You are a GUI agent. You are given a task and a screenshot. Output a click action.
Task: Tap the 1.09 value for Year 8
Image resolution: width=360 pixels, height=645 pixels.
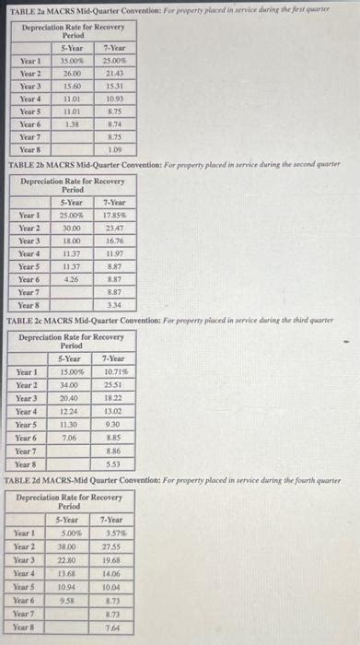tap(115, 148)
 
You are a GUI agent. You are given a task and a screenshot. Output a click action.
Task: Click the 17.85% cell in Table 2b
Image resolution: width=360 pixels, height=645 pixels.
tap(115, 215)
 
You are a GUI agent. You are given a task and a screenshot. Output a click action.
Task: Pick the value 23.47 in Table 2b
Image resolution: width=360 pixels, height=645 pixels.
tap(115, 227)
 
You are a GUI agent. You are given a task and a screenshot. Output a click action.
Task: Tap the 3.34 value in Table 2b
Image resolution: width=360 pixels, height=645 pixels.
tap(115, 304)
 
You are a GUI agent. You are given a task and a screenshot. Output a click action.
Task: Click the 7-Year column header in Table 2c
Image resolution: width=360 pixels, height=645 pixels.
tap(113, 359)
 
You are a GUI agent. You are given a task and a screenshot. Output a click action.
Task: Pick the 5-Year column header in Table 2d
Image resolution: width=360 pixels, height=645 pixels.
tap(67, 520)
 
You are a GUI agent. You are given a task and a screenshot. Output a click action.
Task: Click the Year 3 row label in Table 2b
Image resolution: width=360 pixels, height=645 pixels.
tap(29, 240)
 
